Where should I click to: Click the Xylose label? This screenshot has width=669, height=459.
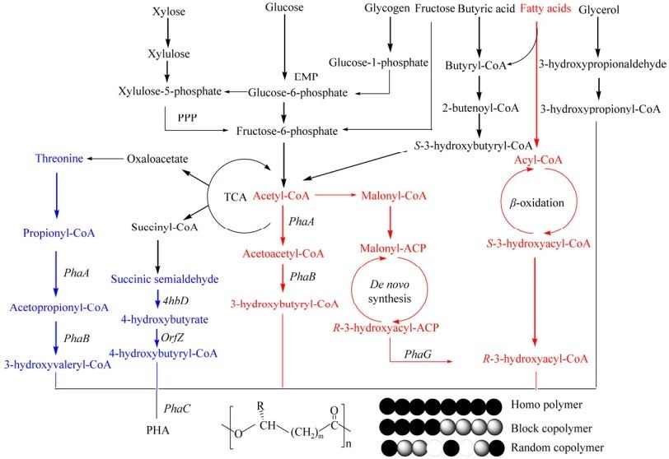[x=168, y=12]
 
